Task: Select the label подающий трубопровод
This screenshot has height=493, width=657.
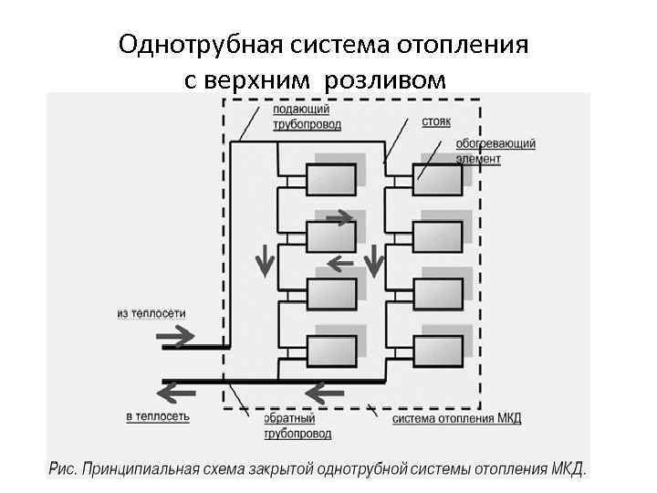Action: [x=295, y=116]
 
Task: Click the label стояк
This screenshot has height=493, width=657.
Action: [x=436, y=121]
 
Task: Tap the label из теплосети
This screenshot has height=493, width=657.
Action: [x=151, y=313]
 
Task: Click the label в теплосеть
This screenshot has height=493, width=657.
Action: [x=158, y=416]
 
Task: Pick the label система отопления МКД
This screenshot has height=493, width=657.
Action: [x=457, y=419]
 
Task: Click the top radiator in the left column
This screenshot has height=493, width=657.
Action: [x=330, y=179]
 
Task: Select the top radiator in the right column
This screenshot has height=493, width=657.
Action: [x=439, y=179]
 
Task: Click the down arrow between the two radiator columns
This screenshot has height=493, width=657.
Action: [x=374, y=260]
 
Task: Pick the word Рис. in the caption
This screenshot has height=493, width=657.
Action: [x=62, y=469]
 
